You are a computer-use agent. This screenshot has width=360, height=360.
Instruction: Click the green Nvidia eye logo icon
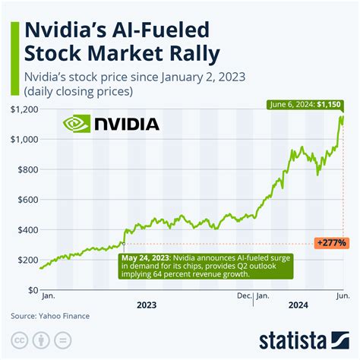(x=75, y=123)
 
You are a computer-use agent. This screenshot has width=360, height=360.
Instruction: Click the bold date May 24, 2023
(x=146, y=257)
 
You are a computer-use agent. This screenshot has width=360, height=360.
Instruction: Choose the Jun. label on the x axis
(x=343, y=297)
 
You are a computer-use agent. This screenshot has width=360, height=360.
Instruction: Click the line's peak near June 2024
(x=341, y=115)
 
